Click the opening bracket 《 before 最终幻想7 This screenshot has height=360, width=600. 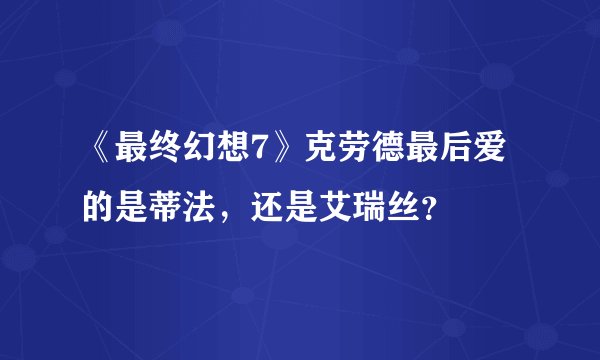pyautogui.click(x=98, y=160)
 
